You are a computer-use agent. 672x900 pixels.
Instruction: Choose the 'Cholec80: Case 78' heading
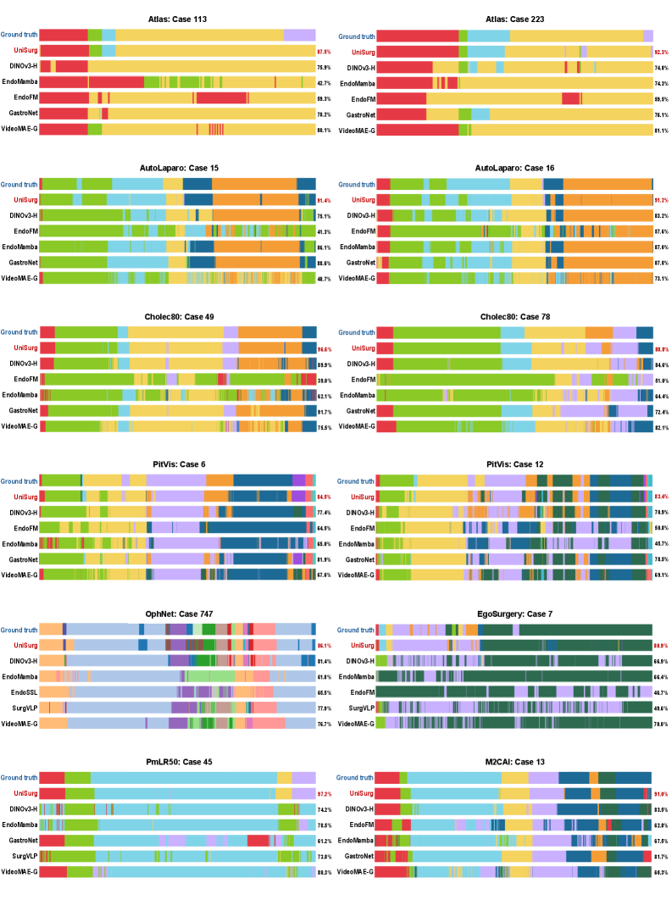pos(514,315)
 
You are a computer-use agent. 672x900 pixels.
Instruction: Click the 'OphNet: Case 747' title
pos(177,613)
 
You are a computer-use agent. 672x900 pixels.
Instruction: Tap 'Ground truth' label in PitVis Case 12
pos(356,481)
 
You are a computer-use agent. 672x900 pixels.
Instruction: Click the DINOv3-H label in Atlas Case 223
pos(358,67)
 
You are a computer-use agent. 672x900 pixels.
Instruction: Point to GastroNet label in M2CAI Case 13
pos(358,856)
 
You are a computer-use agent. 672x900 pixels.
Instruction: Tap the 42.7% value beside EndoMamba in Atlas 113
pos(324,83)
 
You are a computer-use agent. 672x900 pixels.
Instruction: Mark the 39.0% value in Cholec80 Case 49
pos(324,381)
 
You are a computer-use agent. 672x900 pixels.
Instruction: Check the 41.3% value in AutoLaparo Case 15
pos(324,231)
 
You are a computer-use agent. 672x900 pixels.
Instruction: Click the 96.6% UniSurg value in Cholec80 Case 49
pos(324,348)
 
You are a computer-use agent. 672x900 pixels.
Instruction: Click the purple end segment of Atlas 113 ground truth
pos(299,35)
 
